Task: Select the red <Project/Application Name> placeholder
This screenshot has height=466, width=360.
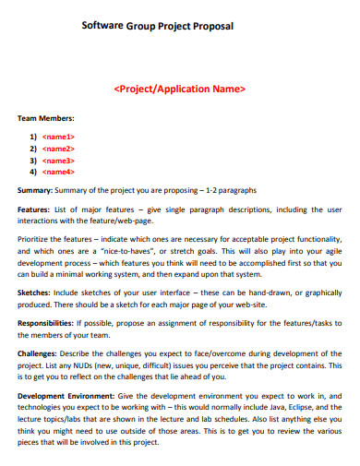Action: coord(179,90)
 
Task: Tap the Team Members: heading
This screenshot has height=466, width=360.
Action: coord(46,119)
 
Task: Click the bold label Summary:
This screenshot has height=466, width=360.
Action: coord(36,190)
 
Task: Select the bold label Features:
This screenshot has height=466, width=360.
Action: coord(36,209)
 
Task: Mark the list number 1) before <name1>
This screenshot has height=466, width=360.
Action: coord(33,137)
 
